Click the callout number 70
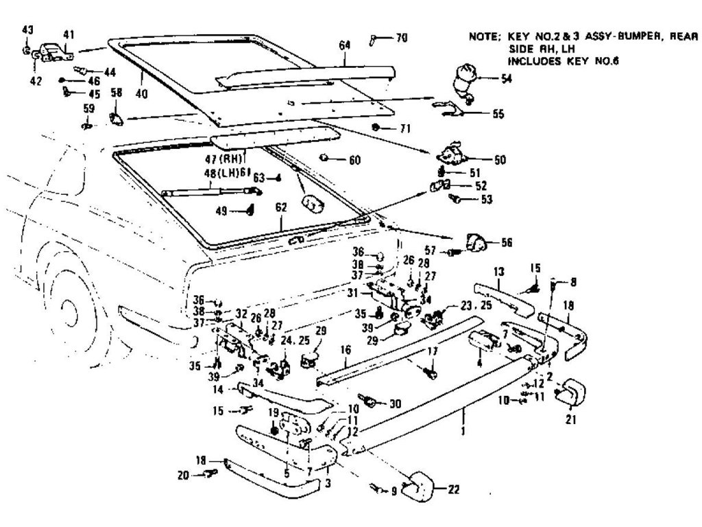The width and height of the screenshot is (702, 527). click(x=401, y=38)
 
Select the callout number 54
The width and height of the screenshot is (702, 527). click(x=507, y=80)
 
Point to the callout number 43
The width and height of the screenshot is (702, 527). click(x=27, y=30)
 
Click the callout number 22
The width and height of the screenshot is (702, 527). click(x=453, y=490)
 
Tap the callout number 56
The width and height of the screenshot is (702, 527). click(x=507, y=242)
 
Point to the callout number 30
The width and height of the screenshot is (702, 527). click(x=394, y=404)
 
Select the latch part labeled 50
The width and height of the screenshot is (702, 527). click(x=450, y=156)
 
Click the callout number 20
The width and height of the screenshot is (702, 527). click(x=182, y=473)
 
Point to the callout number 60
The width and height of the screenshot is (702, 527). click(x=354, y=161)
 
